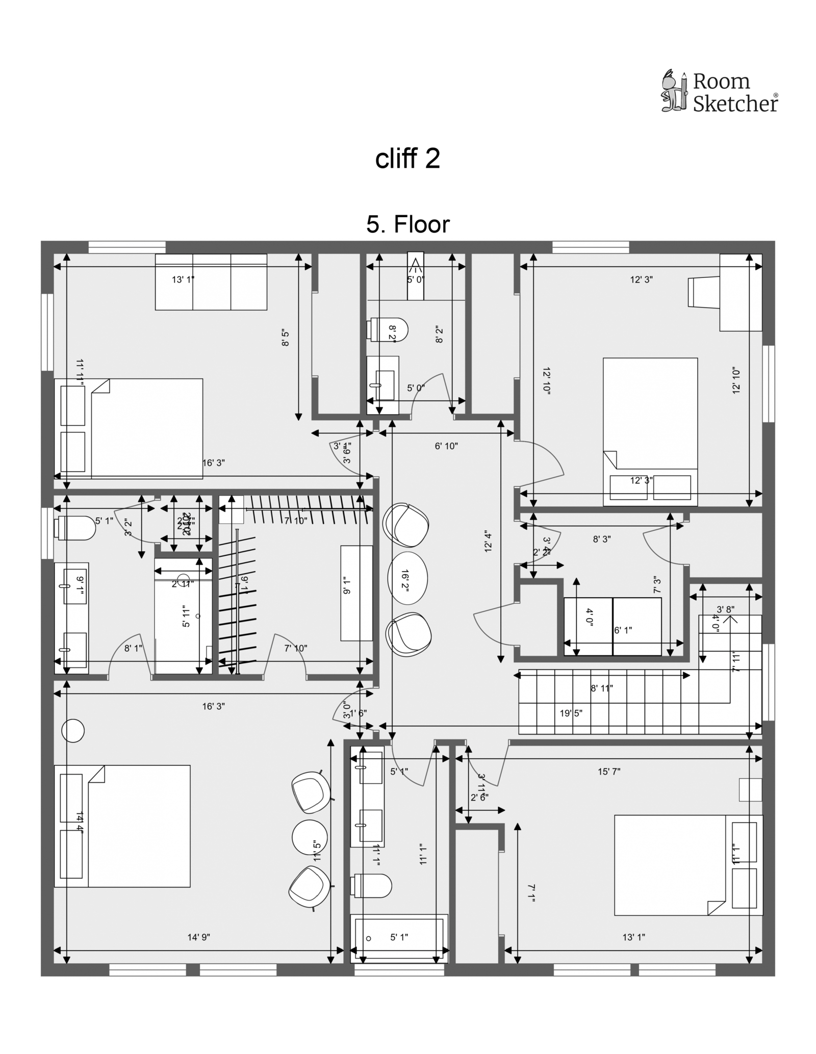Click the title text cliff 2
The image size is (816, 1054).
[x=407, y=159]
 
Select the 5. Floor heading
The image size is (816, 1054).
[x=408, y=224]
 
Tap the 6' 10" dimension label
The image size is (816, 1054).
[x=446, y=446]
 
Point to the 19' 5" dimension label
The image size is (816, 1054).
[x=571, y=713]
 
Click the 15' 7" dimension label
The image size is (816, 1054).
[x=609, y=772]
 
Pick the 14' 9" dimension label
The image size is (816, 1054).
[x=199, y=937]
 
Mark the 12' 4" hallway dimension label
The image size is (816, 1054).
[x=488, y=542]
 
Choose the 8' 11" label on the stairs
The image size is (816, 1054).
[x=602, y=688]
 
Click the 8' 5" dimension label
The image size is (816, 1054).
[x=286, y=339]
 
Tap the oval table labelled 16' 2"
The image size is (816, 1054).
[x=407, y=578]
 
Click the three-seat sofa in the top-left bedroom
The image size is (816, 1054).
[x=211, y=282]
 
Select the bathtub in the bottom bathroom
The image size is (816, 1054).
[x=399, y=938]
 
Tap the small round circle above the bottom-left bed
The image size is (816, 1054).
[x=73, y=731]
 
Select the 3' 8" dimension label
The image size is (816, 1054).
[x=725, y=609]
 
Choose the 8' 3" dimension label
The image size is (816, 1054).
[x=602, y=539]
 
